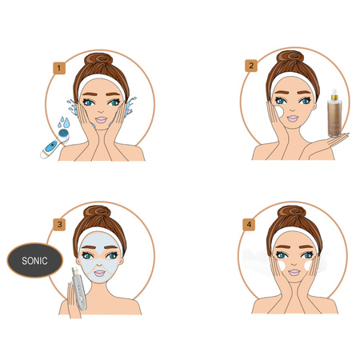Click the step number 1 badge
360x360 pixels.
click(x=59, y=68)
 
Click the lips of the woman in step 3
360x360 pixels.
click(x=100, y=273)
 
